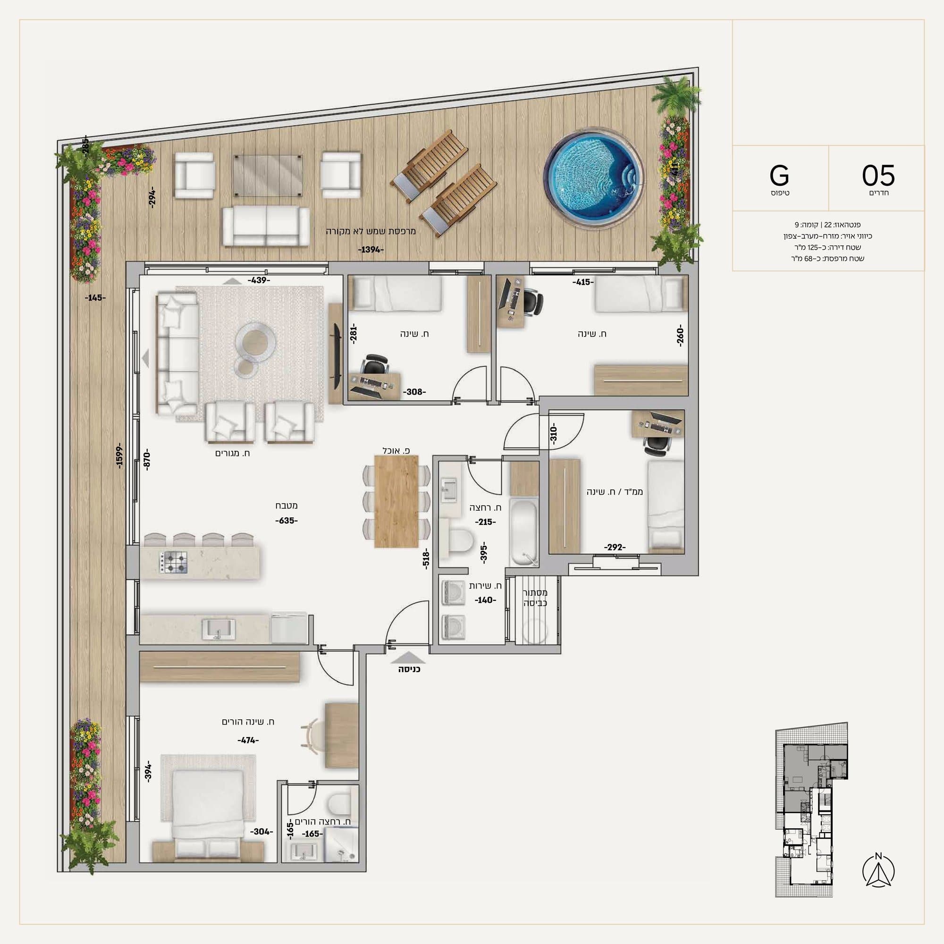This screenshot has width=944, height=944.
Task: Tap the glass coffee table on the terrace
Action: tap(267, 176)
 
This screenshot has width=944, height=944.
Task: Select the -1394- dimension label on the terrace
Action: tap(371, 250)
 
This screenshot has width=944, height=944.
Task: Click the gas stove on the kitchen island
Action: tap(173, 562)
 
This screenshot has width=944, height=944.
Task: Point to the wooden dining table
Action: tap(396, 501)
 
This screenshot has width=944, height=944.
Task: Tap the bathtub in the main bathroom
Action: tap(523, 531)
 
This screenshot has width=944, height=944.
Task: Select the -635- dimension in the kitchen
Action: tap(287, 520)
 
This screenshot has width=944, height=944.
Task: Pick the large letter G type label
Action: tap(779, 175)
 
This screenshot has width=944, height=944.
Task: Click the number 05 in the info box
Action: tap(878, 175)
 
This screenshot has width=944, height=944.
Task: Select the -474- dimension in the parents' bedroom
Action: tap(248, 740)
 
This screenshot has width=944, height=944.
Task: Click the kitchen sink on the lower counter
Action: tap(219, 629)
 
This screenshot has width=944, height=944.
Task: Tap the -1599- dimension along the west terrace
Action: tap(120, 456)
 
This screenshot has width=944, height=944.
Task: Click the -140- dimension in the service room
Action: tap(485, 600)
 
